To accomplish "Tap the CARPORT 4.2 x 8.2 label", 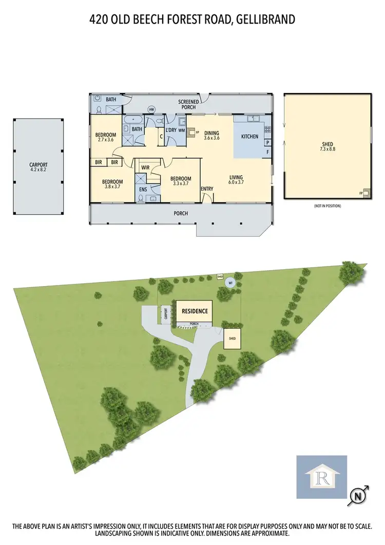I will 38,168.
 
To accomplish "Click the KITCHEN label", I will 249,137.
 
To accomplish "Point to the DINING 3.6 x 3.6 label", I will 211,135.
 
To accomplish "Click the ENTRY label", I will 207,189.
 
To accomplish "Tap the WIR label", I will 145,167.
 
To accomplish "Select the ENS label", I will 143,190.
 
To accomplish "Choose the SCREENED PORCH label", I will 188,104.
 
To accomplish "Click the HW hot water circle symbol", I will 151,109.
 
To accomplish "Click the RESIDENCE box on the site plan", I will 194,311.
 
